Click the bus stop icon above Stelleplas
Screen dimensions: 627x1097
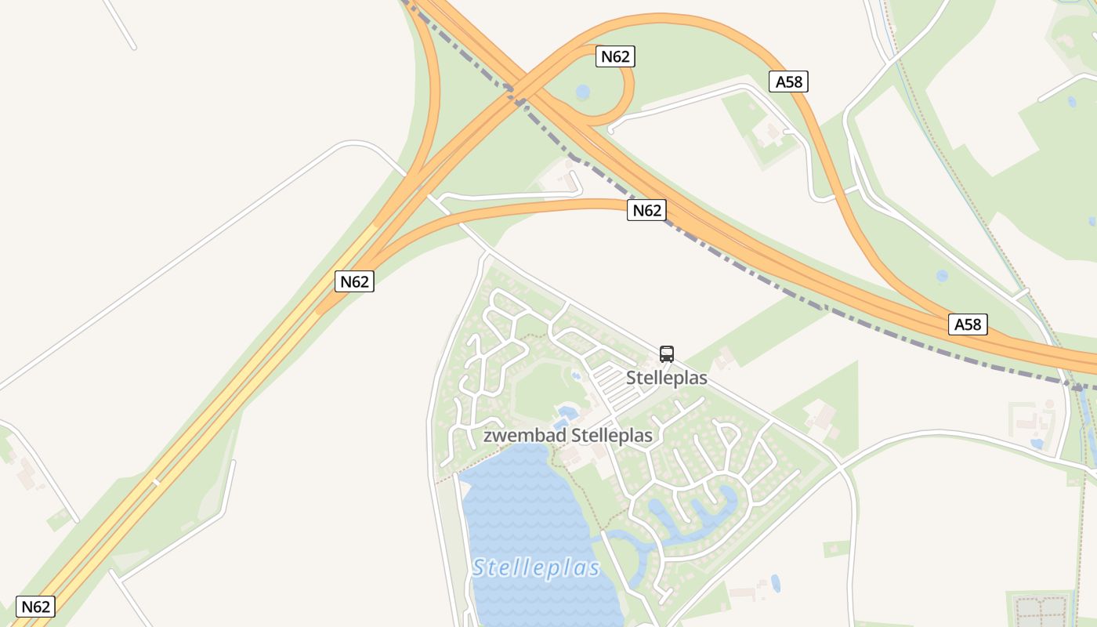tap(667, 353)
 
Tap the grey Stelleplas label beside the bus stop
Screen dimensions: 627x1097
tap(666, 378)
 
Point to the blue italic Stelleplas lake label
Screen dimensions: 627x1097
tap(536, 567)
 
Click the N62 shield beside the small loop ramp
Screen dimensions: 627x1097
tap(615, 56)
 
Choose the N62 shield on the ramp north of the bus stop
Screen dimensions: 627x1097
tap(646, 210)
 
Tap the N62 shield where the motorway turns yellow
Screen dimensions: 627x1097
tap(354, 281)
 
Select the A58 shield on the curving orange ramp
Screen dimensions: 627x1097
tap(788, 82)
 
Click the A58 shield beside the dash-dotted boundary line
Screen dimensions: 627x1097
tap(968, 324)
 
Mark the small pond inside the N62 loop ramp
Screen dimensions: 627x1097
tap(582, 92)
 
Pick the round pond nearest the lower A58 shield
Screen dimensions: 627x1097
tap(941, 276)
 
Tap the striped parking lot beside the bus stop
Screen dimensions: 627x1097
tap(615, 386)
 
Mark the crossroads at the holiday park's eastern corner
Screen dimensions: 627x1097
tap(840, 467)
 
